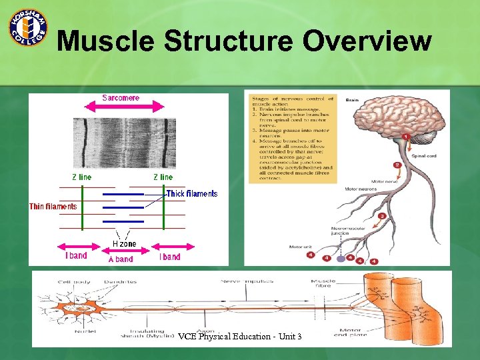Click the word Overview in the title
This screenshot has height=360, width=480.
click(x=367, y=41)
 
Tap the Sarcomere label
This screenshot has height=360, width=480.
click(x=121, y=98)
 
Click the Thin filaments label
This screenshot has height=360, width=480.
click(x=53, y=207)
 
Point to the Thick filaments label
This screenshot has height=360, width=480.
click(x=192, y=194)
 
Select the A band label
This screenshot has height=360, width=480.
click(x=121, y=259)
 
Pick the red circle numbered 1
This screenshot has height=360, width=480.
click(x=405, y=137)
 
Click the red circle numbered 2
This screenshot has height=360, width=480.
click(x=397, y=164)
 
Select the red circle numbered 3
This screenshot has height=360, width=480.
click(x=381, y=216)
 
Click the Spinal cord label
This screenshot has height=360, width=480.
click(x=424, y=155)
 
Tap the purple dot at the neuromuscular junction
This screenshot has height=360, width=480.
click(x=341, y=257)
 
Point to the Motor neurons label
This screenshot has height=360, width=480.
click(x=361, y=189)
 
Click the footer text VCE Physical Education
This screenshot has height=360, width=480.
click(x=239, y=336)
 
